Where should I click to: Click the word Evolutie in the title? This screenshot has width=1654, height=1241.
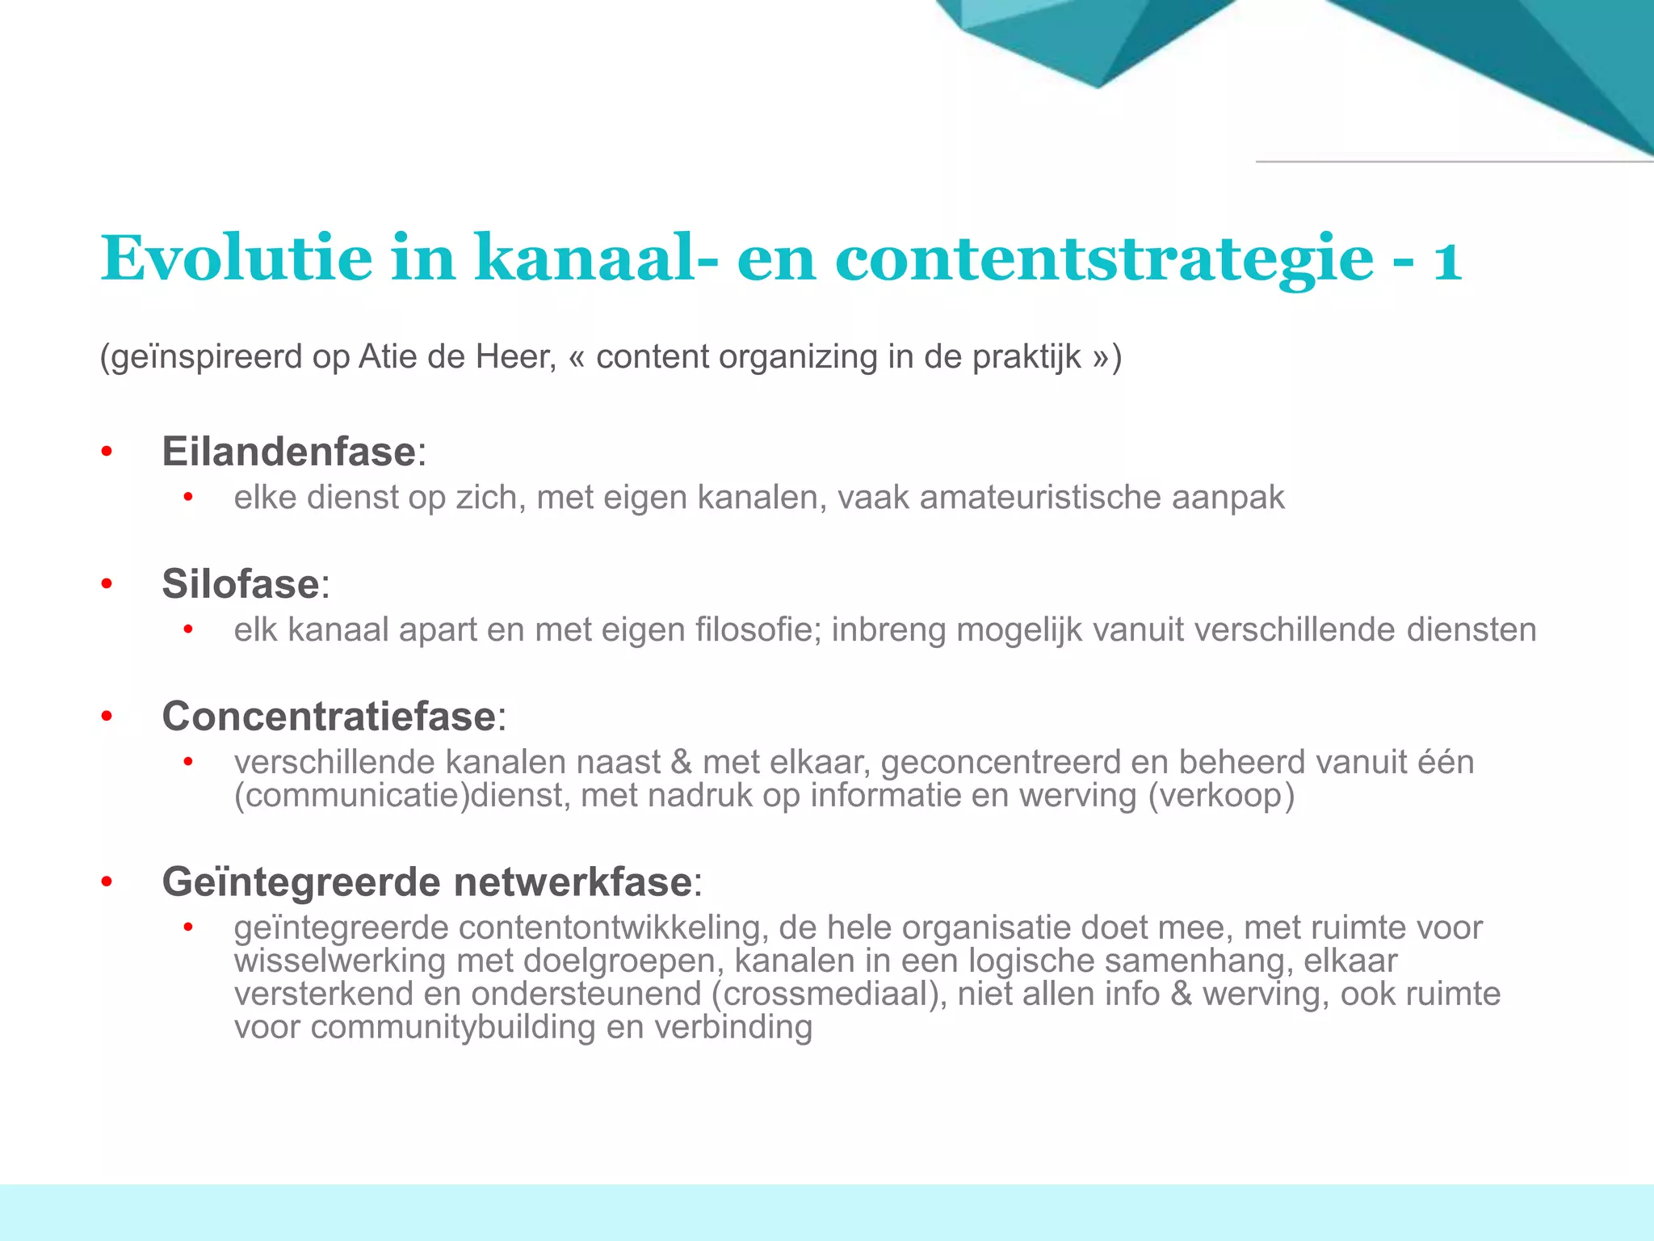(237, 258)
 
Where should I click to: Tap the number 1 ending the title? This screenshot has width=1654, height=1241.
(1447, 259)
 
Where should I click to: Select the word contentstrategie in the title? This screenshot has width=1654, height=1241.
(1104, 259)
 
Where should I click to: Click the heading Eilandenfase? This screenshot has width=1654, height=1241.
(288, 451)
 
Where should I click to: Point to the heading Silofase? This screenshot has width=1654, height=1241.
(241, 583)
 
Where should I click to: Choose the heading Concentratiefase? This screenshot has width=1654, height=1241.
(329, 716)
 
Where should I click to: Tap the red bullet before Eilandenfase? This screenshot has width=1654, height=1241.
(107, 452)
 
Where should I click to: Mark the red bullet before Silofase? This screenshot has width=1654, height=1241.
(107, 584)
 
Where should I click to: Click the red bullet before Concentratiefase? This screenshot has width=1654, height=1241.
(107, 717)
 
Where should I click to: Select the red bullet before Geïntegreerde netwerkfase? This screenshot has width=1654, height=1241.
(107, 882)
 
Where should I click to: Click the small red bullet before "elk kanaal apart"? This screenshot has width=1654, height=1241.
(188, 629)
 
